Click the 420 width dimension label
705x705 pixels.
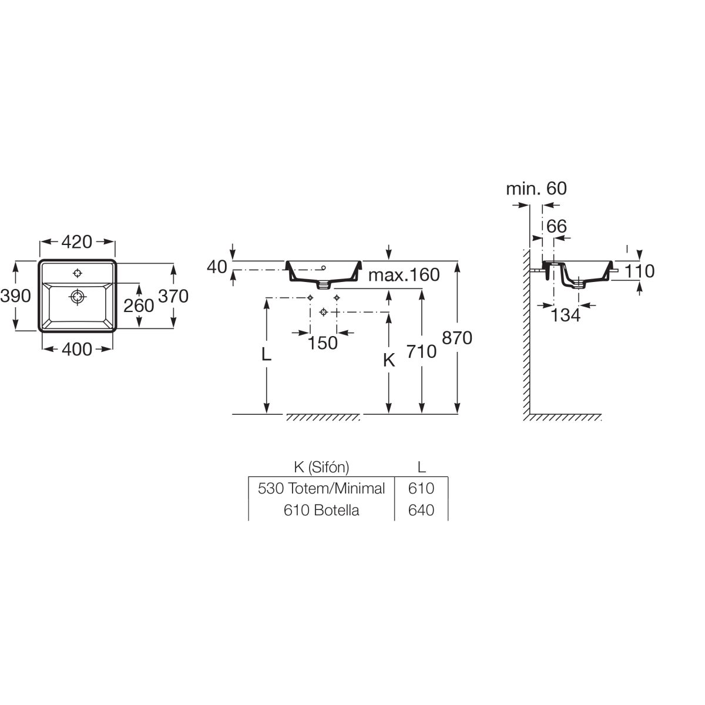[77, 241]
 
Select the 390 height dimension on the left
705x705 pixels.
[15, 296]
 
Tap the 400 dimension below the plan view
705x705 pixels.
[77, 349]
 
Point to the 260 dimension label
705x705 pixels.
[139, 305]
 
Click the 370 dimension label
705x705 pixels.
[173, 296]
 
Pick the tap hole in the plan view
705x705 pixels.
[77, 273]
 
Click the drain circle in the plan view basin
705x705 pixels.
[77, 297]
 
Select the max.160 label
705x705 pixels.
[404, 275]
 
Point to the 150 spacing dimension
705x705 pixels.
[323, 343]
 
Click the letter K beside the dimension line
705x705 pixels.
[388, 361]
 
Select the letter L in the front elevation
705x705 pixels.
[266, 354]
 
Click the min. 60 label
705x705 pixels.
[536, 189]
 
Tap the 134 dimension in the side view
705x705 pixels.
[566, 315]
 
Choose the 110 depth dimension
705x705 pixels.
[639, 271]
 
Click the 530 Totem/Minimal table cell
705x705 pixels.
[321, 488]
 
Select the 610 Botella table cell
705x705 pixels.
[321, 510]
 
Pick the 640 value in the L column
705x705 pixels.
[421, 510]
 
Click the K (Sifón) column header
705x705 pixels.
[321, 467]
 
